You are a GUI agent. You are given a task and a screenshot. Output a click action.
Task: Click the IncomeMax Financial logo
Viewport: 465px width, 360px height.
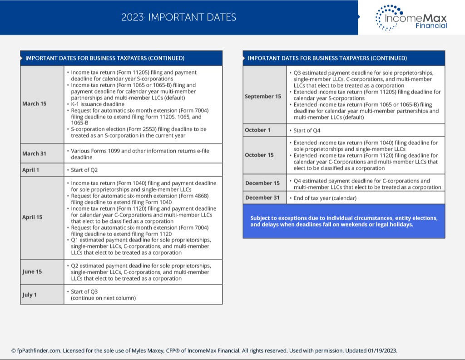coord(411,18)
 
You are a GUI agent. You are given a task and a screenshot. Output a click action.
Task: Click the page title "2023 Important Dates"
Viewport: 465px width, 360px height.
coord(178,18)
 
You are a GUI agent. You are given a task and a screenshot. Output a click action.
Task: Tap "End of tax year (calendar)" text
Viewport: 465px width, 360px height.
coord(325,198)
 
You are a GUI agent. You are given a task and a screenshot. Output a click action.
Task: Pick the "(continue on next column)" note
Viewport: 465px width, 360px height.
coord(103,298)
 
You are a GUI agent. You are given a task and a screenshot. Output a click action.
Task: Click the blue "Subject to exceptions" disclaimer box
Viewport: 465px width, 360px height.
coord(344,221)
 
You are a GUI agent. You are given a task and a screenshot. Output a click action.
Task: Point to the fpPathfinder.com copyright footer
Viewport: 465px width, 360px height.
coord(204,351)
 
